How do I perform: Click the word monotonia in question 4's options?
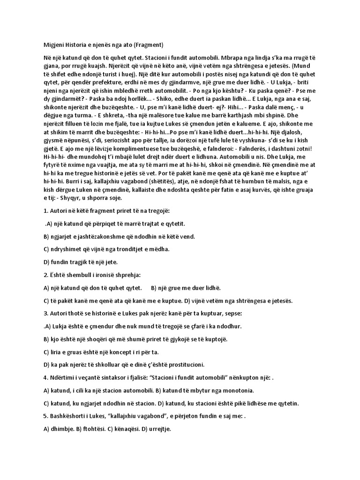coord(234,390)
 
